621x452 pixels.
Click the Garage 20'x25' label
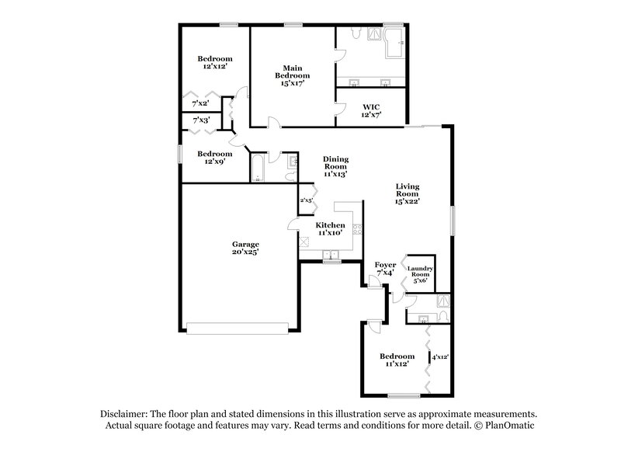245,247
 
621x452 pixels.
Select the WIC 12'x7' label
368,111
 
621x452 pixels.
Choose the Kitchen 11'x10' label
330,229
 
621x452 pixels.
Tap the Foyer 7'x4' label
384,269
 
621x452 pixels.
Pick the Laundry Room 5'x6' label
421,274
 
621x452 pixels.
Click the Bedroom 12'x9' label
214,158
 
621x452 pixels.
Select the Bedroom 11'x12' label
397,360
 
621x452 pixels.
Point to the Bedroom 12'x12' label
214,63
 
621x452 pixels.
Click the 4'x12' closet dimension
440,356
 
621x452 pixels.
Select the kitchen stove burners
357,228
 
